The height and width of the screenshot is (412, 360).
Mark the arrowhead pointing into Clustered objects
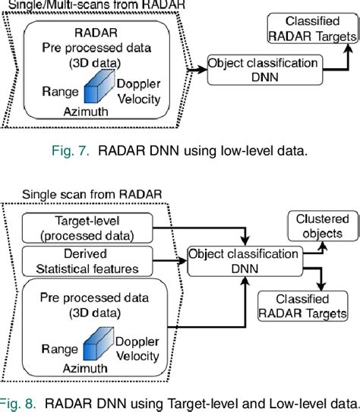tap(320, 237)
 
